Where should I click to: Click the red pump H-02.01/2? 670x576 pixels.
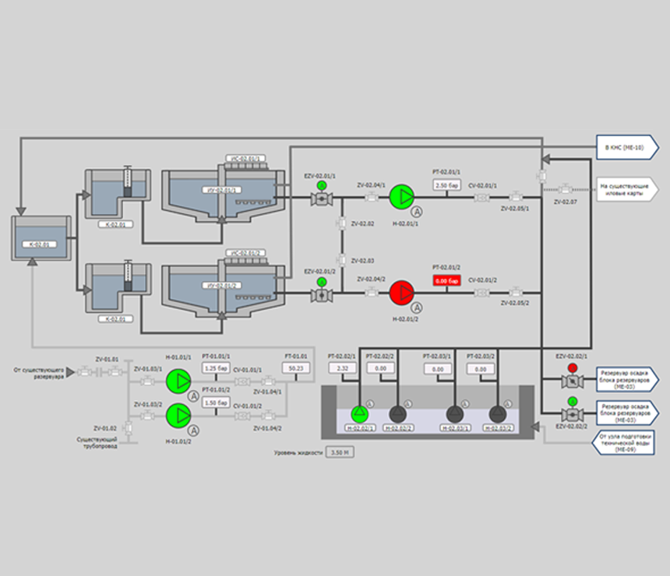click(403, 293)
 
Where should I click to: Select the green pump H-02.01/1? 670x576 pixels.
click(403, 197)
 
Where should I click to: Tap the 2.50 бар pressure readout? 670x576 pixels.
click(446, 184)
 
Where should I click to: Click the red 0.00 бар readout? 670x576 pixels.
click(446, 279)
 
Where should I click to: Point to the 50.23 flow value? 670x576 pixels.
click(295, 368)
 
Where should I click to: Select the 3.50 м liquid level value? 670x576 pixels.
click(339, 451)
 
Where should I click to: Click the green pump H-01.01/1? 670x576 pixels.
click(178, 380)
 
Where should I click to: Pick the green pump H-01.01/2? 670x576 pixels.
click(178, 415)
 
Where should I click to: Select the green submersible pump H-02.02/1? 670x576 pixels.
click(359, 413)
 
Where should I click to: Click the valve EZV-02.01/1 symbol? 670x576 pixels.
click(320, 199)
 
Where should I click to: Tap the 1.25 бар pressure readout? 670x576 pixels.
click(216, 367)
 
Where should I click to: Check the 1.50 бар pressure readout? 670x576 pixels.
click(216, 402)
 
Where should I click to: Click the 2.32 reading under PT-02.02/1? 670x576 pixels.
click(342, 368)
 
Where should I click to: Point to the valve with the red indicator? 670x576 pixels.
click(572, 381)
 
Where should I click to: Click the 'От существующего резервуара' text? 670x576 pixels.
click(37, 374)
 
